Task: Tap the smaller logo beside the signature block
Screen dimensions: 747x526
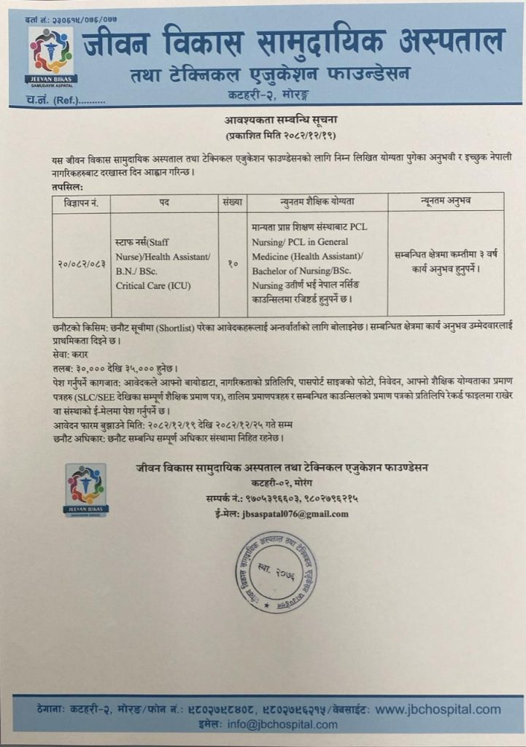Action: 86,489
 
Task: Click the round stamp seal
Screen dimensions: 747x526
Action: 276,571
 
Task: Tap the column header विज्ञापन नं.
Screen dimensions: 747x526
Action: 80,201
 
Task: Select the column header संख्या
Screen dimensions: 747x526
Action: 231,201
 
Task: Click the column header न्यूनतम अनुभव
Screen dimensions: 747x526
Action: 445,201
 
